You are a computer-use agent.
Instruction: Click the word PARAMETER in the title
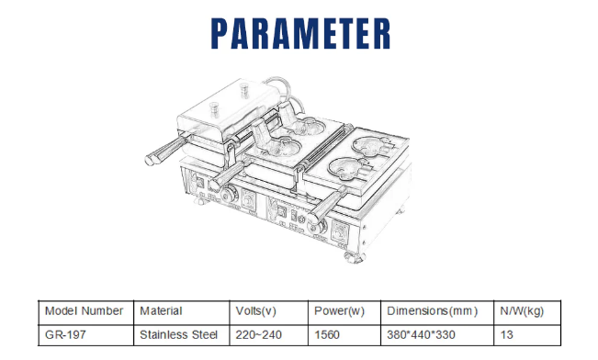pos(300,34)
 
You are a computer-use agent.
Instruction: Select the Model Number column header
pos(84,311)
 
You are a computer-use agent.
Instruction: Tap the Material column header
pos(161,311)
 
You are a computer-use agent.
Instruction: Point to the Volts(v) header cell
pos(255,311)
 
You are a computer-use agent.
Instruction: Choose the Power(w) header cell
pos(339,311)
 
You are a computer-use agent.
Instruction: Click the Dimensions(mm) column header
pos(432,311)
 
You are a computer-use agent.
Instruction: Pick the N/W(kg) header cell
pos(522,311)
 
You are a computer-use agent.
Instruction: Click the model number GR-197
pos(65,335)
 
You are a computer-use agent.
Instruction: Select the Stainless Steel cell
pos(178,335)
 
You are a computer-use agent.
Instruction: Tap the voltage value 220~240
pos(258,335)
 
